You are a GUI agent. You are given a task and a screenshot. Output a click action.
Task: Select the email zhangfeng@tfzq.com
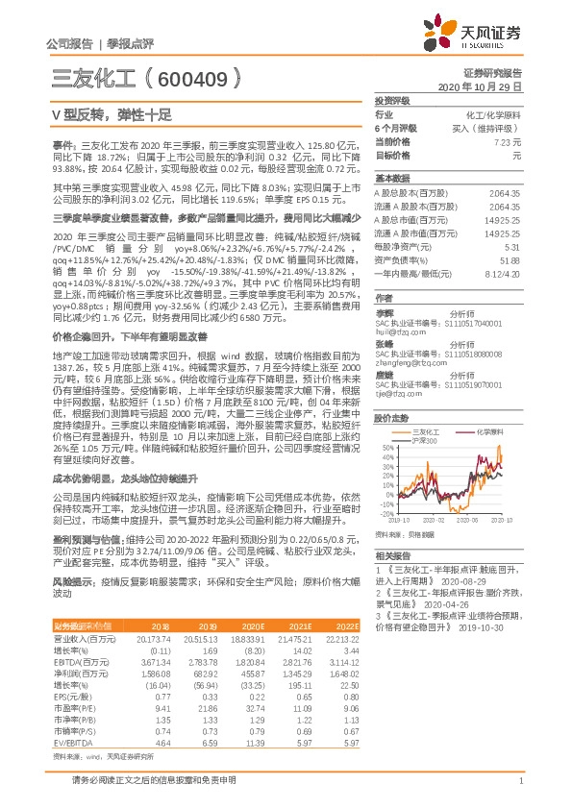tap(404, 336)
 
